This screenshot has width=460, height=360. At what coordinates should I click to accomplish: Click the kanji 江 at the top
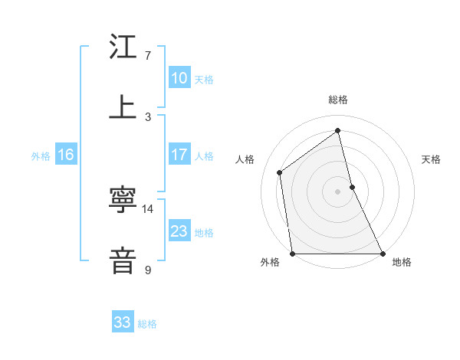pos(123,47)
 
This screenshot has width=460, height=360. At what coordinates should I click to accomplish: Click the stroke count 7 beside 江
pos(147,56)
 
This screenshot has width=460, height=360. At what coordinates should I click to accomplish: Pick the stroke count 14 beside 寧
pos(148,208)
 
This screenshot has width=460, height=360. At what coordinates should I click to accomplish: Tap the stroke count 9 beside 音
pos(147,270)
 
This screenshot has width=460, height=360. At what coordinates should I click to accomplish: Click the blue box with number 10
pos(179,78)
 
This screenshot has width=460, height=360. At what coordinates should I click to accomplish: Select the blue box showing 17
pos(179,155)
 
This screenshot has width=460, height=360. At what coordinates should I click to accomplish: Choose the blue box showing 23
pos(179,231)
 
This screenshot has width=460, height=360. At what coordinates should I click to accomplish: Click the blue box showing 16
pos(65,155)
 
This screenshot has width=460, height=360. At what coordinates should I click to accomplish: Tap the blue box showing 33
pos(123,322)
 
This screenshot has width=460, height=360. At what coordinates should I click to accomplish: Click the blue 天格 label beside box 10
pos(204,80)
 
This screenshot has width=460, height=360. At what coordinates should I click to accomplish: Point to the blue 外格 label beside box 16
pos(41,156)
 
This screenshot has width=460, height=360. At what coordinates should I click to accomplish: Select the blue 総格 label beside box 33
pos(147,324)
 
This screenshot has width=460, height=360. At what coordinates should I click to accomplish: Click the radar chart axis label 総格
pos(338,100)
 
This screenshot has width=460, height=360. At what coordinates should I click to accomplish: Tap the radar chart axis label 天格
pos(432,159)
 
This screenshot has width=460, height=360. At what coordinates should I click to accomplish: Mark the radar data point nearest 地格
pos(383,254)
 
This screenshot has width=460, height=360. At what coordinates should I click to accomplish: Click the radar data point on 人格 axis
pos(280,172)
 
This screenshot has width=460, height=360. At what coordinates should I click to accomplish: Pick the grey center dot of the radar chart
pos(338,191)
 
